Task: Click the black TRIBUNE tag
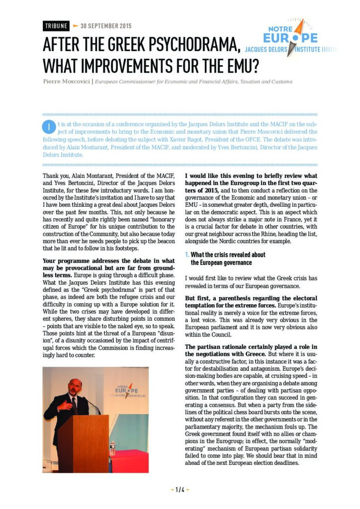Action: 56,26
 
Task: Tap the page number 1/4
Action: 180,490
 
